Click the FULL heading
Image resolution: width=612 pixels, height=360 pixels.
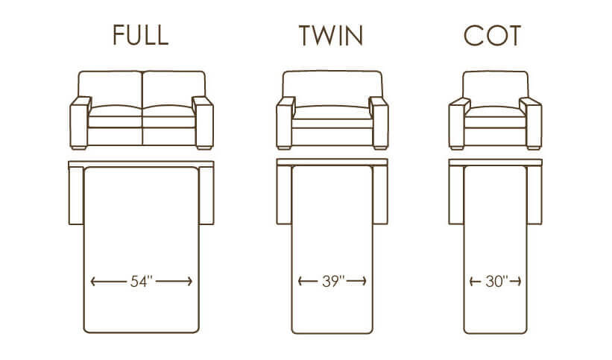(140, 35)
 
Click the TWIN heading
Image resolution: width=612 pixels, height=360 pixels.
(331, 36)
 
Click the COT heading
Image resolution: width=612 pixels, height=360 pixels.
(492, 36)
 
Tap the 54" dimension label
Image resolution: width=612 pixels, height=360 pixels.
(141, 281)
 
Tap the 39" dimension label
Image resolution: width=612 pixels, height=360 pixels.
(333, 281)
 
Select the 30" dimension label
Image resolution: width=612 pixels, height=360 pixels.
(496, 281)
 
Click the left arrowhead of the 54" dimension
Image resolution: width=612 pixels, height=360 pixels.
(92, 281)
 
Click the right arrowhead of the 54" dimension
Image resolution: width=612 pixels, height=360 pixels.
(190, 281)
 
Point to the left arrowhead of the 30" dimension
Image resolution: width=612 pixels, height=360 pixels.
(472, 281)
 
